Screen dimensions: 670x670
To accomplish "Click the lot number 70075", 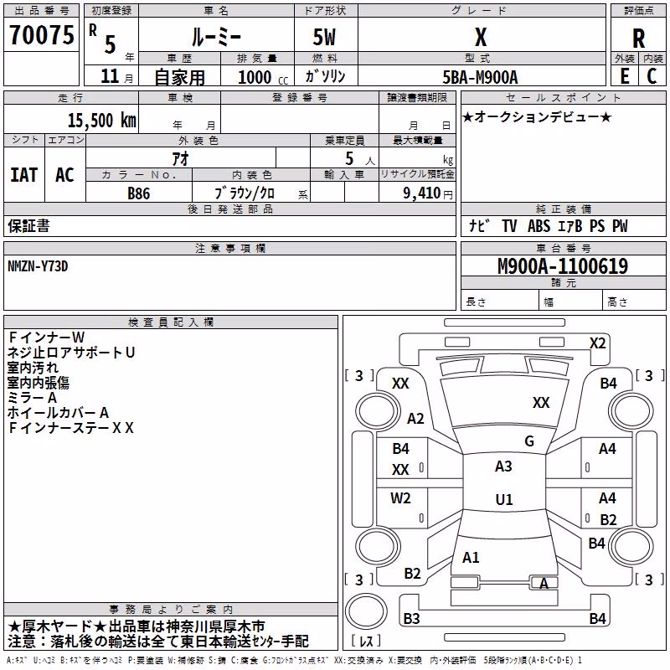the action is (x=41, y=35).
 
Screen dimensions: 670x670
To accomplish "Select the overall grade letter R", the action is (x=638, y=39).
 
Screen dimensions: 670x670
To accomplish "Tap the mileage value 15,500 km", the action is (x=102, y=121).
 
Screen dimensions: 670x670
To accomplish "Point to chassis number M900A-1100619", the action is (x=563, y=266).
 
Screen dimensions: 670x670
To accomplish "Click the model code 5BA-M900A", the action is (x=480, y=77).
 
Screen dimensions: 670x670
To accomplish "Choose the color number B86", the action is (x=139, y=193).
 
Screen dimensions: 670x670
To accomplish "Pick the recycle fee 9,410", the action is (x=422, y=193).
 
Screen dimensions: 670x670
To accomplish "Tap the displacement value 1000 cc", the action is (x=263, y=77).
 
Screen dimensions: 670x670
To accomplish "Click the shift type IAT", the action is (x=24, y=175).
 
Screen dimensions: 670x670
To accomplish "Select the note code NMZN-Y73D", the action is (x=38, y=266).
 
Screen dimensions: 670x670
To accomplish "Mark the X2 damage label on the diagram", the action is (x=598, y=343).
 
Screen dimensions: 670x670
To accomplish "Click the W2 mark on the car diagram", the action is (x=400, y=497).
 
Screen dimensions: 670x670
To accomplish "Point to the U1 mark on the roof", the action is (x=504, y=499).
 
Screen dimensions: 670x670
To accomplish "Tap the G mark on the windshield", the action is (x=529, y=441).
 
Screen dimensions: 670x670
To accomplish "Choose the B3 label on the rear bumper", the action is (x=411, y=618).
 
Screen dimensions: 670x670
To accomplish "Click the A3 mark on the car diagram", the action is (x=503, y=466).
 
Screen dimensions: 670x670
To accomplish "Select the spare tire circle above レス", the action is (x=366, y=611).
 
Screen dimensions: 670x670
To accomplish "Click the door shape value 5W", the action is (x=324, y=37).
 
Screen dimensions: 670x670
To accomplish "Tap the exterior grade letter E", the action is (x=625, y=76).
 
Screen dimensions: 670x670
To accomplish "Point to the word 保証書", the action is (x=28, y=226).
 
